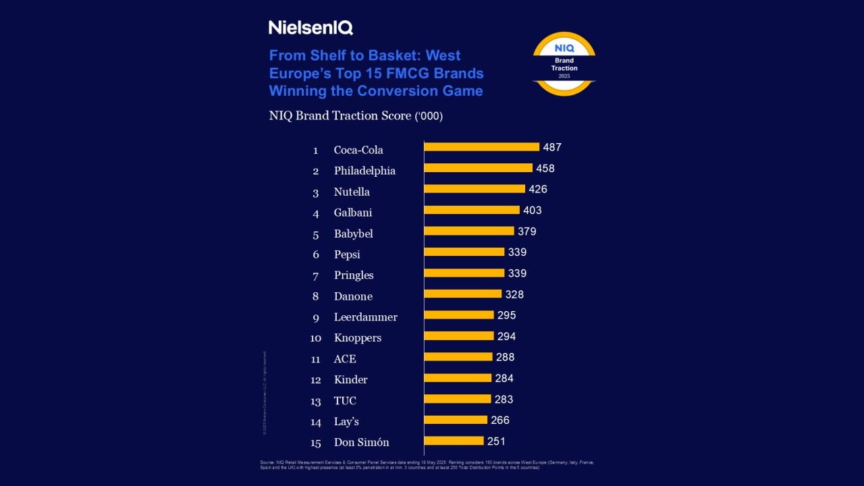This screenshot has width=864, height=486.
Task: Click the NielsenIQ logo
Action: (x=310, y=28)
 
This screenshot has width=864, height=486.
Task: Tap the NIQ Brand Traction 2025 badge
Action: (x=564, y=64)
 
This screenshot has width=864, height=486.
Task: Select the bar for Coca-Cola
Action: (x=481, y=147)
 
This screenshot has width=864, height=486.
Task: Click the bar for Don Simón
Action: (x=454, y=441)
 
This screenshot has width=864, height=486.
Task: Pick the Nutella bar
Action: (x=475, y=189)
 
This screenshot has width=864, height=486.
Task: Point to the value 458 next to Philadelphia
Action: (x=545, y=168)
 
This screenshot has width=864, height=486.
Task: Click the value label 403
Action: (x=532, y=210)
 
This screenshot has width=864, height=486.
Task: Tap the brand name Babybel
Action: (x=353, y=234)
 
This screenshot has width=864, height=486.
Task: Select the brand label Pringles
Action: (x=354, y=275)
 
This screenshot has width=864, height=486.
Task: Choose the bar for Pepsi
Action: (x=464, y=252)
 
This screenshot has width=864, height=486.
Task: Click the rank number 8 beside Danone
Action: (x=315, y=296)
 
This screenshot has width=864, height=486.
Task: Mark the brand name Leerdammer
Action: (x=365, y=317)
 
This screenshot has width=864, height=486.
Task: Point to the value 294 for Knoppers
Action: (x=506, y=336)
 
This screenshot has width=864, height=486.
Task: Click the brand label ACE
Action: (x=345, y=359)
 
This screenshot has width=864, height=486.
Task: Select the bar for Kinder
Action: (x=458, y=378)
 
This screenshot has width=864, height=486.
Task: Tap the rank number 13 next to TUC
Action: (x=315, y=401)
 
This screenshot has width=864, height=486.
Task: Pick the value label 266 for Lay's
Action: (x=500, y=420)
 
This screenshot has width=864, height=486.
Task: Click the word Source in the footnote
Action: (x=267, y=462)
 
